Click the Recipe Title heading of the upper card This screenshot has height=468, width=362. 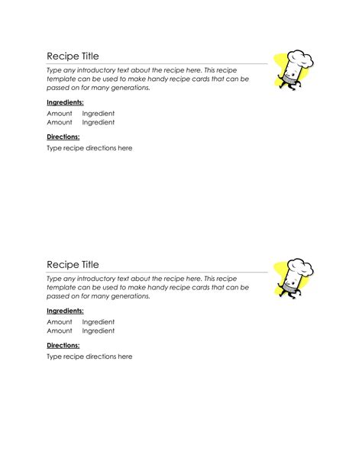pos(73,56)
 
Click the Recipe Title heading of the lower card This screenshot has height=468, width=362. pos(73,264)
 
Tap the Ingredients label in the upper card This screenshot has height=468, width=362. pos(65,102)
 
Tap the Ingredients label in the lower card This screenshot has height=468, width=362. pos(65,311)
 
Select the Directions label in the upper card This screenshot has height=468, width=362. pos(63,137)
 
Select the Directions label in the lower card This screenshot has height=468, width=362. pos(63,345)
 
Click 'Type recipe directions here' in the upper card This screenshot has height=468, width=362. pos(89,148)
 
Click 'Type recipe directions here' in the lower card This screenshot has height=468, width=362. pos(89,357)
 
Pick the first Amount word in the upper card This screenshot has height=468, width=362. pos(60,113)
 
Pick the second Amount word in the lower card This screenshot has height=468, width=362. pos(60,331)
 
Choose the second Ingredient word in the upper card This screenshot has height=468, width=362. pos(99,122)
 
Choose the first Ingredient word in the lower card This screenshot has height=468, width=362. pos(99,321)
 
